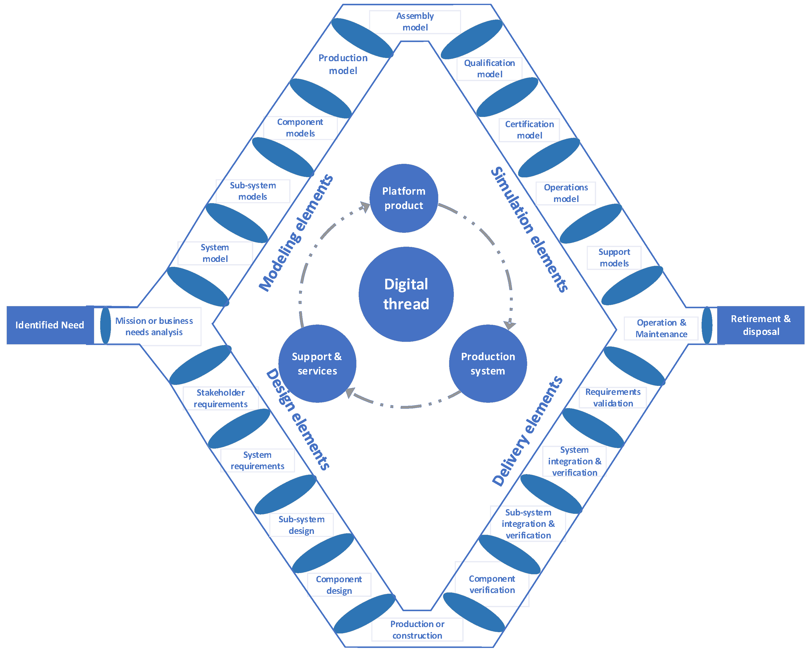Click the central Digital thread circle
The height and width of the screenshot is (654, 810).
click(406, 294)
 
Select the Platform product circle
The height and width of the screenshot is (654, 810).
click(404, 198)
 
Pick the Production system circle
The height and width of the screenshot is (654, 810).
click(488, 364)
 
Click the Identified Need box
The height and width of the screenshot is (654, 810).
click(49, 325)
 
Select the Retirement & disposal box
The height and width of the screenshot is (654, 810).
click(761, 325)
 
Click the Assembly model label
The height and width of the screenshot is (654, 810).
click(415, 21)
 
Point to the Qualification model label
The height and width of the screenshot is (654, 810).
click(489, 68)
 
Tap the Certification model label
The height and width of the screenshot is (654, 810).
click(529, 130)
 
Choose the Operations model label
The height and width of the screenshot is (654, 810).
click(566, 193)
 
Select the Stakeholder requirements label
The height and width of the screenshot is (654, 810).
click(220, 398)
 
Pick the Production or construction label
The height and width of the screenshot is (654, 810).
click(417, 630)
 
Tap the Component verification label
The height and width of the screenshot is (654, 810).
click(492, 584)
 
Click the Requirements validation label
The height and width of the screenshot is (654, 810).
click(613, 397)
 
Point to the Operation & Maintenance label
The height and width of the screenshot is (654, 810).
click(661, 328)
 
